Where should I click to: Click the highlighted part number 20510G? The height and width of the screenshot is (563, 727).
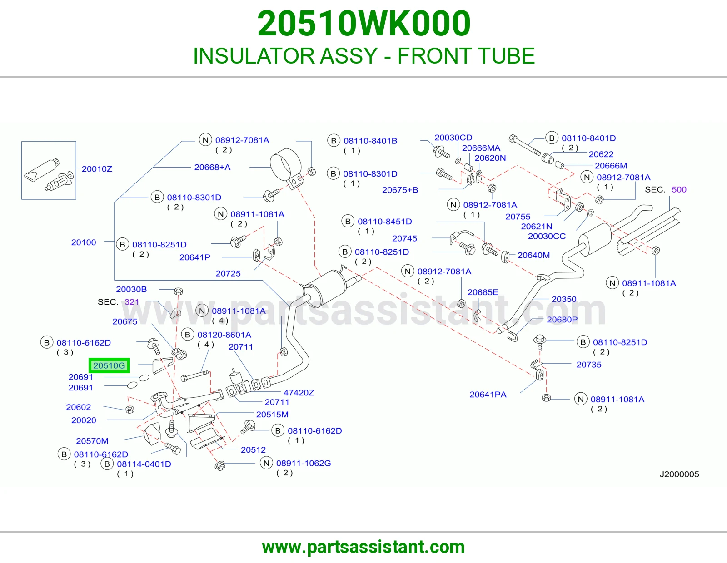pos(109,365)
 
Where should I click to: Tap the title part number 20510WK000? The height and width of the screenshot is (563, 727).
pos(363,24)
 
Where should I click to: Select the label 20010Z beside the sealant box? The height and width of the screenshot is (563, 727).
pos(97,169)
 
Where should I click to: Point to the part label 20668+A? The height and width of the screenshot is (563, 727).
pos(213,167)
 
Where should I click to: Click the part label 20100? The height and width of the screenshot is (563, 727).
pos(84,242)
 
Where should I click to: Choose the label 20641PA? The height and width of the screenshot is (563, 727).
pos(488,395)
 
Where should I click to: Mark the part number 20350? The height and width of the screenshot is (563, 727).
pos(564,299)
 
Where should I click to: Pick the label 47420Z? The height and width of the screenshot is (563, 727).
pos(299,392)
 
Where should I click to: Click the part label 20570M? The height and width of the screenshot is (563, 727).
pos(92,441)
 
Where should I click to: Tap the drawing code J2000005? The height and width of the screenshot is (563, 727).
pos(679,474)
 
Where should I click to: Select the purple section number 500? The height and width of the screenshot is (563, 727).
pos(679,190)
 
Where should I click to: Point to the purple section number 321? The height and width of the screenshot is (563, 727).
pos(132,302)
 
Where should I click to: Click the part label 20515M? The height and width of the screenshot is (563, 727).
pos(272,414)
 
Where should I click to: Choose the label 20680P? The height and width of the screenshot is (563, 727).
pos(563,320)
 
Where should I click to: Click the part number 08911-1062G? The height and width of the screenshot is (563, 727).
pos(304,463)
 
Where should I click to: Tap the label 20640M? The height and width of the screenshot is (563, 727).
pos(533,255)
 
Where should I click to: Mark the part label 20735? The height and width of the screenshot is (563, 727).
pos(589,365)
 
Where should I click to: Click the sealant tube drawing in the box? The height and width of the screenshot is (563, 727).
pos(41,171)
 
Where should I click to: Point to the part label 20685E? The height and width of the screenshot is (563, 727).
pos(483,292)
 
